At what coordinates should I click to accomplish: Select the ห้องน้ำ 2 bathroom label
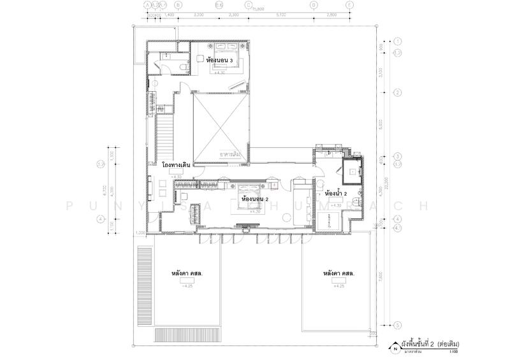click(x=335, y=193)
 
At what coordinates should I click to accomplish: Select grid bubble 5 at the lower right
click(x=397, y=324)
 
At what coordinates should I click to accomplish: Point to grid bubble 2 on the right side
click(x=397, y=94)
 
